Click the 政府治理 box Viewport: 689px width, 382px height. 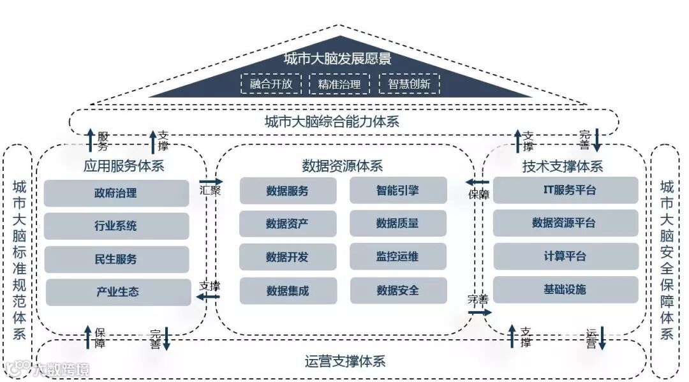click(117, 193)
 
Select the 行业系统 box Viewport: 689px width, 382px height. click(117, 226)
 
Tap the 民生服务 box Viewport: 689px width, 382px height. click(117, 259)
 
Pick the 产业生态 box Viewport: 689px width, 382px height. click(117, 292)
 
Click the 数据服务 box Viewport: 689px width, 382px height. click(288, 191)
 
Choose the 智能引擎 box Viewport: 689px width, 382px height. click(398, 190)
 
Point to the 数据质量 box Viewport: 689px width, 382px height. click(398, 223)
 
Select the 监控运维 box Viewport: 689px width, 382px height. click(398, 257)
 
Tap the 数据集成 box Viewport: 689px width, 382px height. click(288, 291)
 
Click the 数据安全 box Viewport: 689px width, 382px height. click(398, 290)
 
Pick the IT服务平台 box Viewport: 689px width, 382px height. click(565, 190)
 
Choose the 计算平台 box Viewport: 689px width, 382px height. click(565, 256)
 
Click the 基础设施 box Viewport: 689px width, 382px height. click(565, 290)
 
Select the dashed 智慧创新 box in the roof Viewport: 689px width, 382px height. click(409, 84)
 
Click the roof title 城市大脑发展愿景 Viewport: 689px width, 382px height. click(337, 59)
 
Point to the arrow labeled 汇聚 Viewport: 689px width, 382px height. click(211, 182)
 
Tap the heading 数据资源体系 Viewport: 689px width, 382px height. click(343, 166)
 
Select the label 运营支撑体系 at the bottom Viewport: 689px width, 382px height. click(345, 362)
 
